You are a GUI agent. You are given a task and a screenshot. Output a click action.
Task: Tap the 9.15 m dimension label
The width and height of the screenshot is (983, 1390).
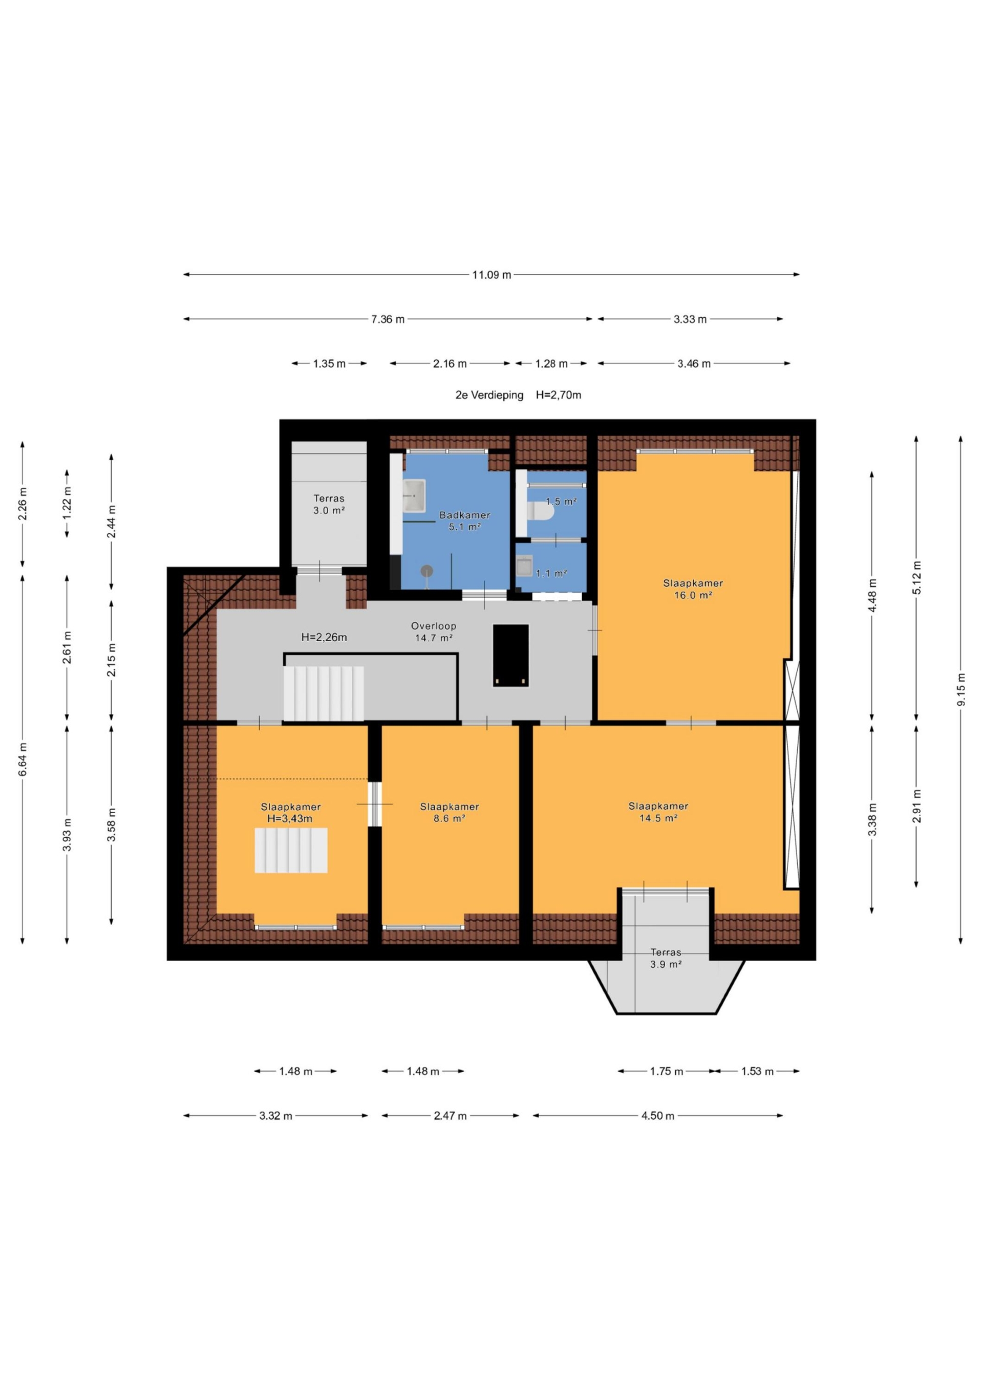click(960, 689)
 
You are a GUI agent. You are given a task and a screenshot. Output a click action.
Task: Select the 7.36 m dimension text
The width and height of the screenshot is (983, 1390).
click(388, 319)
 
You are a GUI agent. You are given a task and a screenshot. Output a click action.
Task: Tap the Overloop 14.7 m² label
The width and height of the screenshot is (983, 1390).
click(434, 632)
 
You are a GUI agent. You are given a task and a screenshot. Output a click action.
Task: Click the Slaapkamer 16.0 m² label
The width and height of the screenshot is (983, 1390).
click(693, 589)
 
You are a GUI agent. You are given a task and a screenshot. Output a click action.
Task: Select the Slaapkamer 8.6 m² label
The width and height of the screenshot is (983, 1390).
click(450, 812)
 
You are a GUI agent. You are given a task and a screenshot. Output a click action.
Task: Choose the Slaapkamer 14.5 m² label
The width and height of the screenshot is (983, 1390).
click(658, 812)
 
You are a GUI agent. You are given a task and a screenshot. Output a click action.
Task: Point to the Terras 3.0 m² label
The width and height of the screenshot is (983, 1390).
click(329, 504)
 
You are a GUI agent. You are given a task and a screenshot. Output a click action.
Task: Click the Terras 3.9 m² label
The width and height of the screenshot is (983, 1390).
click(666, 959)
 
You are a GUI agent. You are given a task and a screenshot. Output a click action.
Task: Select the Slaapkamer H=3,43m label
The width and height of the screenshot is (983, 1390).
click(291, 812)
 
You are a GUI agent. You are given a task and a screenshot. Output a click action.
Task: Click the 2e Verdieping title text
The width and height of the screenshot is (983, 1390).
click(489, 395)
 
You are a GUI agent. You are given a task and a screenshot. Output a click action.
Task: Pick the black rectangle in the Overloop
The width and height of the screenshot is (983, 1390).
click(510, 656)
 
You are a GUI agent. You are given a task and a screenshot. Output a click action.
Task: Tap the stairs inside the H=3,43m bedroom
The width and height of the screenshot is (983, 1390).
click(291, 851)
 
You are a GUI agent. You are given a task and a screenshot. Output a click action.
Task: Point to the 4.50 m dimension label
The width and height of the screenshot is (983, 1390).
click(658, 1116)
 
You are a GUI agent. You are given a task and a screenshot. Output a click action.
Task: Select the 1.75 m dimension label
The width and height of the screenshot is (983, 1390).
click(666, 1072)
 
